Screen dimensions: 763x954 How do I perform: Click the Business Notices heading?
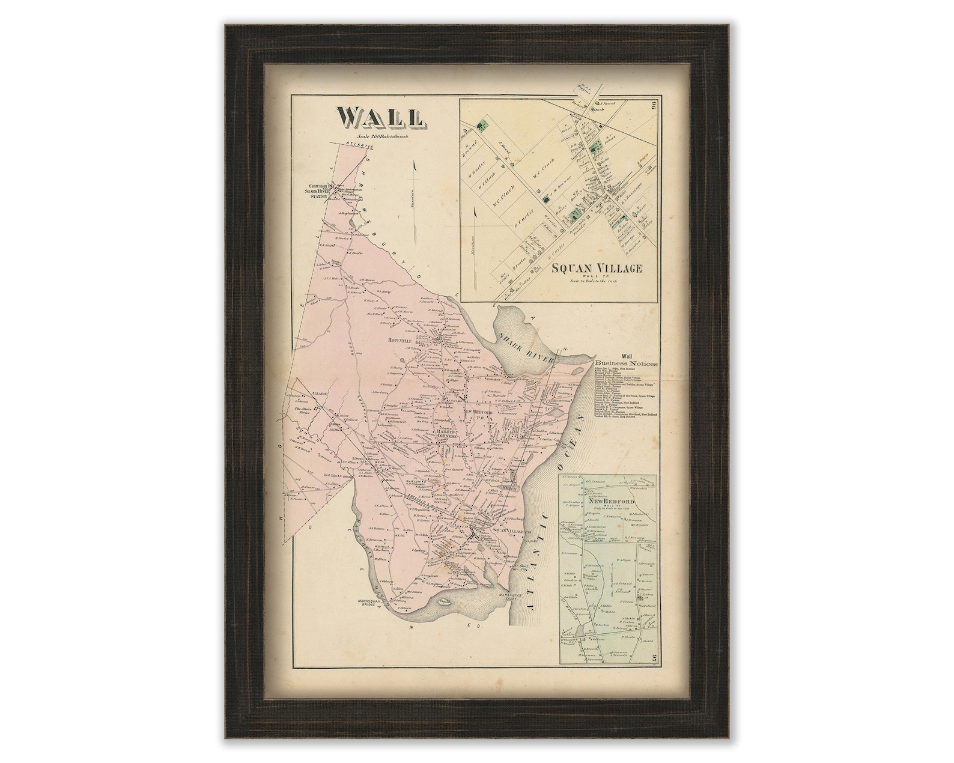(627, 364)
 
